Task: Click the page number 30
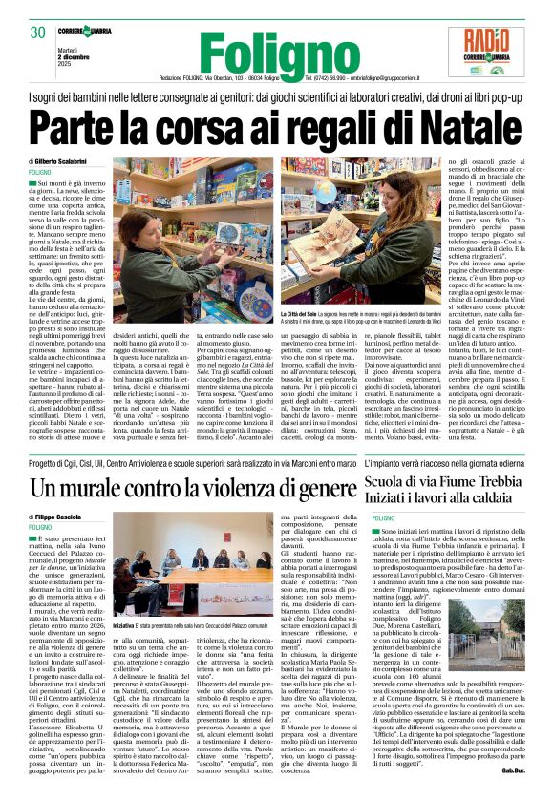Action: [38, 32]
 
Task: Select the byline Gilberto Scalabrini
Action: [65, 163]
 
